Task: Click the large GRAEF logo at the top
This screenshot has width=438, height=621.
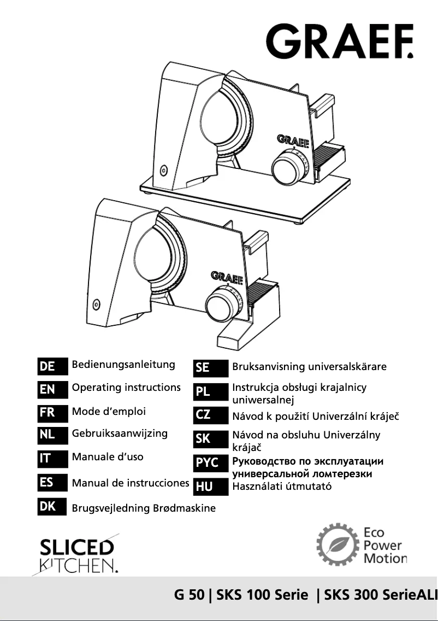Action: [x=339, y=40]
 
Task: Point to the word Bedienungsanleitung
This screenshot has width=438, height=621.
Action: [x=123, y=365]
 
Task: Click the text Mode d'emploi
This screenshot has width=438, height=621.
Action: [x=109, y=412]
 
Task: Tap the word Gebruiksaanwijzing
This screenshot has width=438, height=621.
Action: [x=120, y=433]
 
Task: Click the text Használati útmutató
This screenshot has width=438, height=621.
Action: [x=282, y=486]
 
